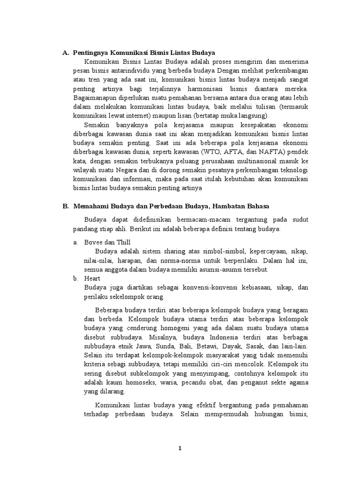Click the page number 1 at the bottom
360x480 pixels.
click(x=180, y=449)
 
